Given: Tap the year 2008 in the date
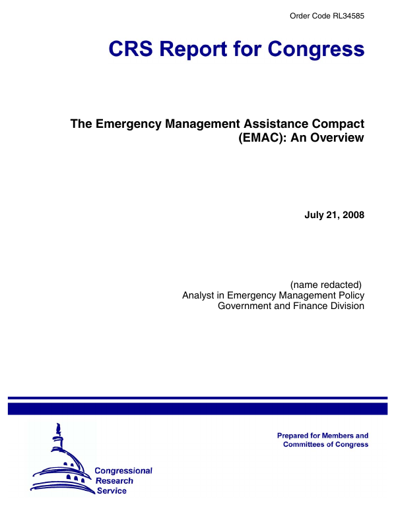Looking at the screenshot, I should point(353,215).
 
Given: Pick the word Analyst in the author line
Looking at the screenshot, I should point(200,295).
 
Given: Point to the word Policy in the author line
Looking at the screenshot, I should point(350,295).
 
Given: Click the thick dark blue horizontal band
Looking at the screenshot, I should point(197,409).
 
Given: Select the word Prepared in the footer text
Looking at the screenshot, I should point(297,436).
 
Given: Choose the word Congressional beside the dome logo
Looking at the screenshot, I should point(123,470).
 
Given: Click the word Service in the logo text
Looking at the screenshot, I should point(112,492).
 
